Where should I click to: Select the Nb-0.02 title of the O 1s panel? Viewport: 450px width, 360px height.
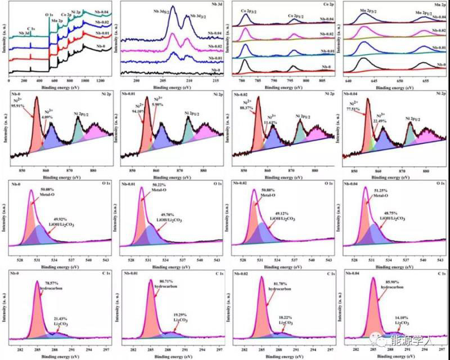point(242,183)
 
